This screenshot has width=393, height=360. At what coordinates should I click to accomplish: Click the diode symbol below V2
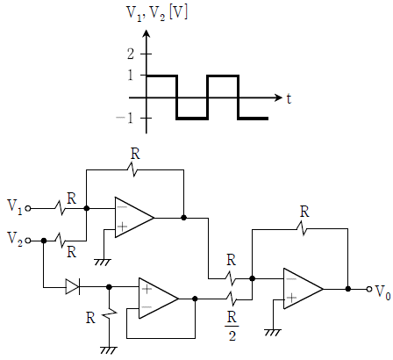(x=73, y=287)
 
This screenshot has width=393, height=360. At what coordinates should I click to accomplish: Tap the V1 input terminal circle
(x=28, y=208)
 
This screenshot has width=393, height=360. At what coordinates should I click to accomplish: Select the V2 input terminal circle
(x=28, y=241)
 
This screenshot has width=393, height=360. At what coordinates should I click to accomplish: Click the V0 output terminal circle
(x=369, y=289)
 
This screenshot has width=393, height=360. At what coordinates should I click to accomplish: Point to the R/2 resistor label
(x=232, y=326)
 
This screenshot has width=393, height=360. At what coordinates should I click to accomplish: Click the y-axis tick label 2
(x=131, y=54)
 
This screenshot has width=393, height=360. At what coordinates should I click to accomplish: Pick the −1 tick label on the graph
(x=125, y=118)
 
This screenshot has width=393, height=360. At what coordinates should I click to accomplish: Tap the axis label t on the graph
(x=289, y=98)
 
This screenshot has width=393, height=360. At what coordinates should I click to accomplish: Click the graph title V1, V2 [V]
(x=157, y=13)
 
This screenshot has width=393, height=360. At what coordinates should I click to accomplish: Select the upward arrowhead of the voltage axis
(x=146, y=33)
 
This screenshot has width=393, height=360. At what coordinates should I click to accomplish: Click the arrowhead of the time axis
(x=279, y=97)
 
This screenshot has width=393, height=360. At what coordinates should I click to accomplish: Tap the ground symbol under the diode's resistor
(x=109, y=350)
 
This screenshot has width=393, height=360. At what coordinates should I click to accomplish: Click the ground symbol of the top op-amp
(x=103, y=262)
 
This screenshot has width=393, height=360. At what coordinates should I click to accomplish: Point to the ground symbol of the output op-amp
(x=273, y=333)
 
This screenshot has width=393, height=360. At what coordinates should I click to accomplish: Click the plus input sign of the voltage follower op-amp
(x=146, y=289)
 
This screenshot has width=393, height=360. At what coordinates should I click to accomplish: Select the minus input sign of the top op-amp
(x=122, y=207)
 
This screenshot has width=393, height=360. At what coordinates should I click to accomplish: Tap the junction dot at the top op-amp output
(x=183, y=218)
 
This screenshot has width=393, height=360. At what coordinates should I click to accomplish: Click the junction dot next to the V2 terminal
(x=44, y=241)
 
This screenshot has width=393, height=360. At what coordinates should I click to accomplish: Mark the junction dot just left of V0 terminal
(x=348, y=289)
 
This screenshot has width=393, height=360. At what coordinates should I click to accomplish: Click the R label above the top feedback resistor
(x=135, y=154)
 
